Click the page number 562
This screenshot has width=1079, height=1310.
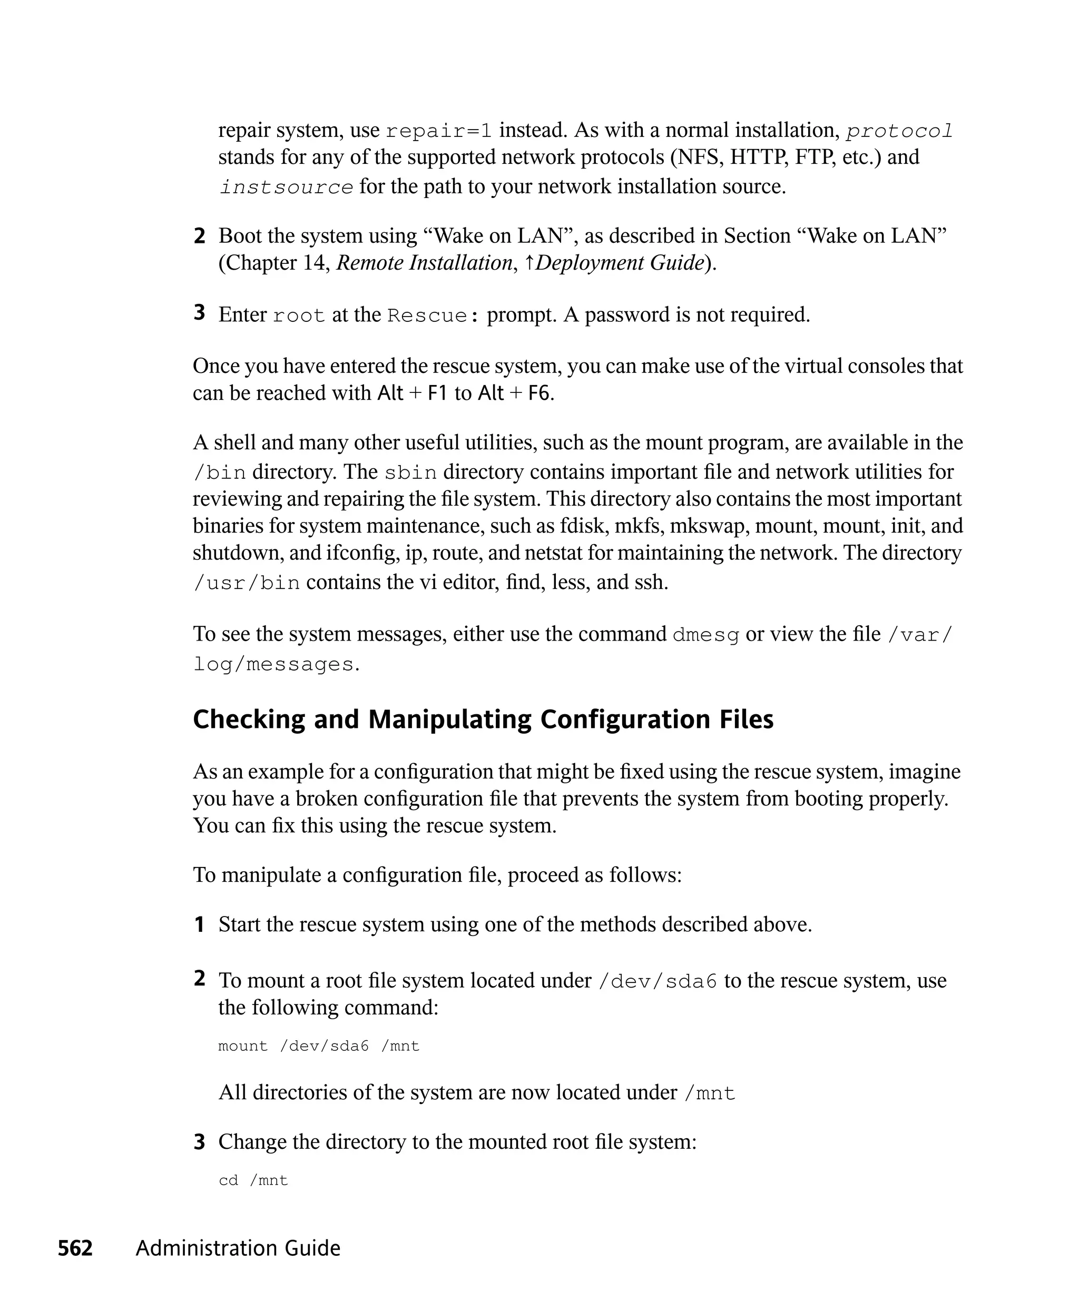(75, 1248)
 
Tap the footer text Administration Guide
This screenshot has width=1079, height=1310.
(238, 1248)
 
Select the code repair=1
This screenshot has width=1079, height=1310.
(439, 131)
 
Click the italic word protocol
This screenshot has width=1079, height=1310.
(899, 131)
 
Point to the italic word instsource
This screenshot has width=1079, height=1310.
(286, 187)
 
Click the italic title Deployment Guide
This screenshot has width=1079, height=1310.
(619, 263)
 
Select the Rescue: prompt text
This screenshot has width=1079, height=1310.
(433, 316)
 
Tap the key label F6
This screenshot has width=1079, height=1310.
(539, 393)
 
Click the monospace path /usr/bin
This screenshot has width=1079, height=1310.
(247, 583)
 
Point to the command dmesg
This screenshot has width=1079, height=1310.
(706, 635)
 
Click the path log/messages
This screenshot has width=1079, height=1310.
(273, 664)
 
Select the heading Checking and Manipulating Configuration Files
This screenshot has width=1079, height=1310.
(483, 719)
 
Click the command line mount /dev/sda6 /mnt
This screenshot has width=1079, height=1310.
(319, 1046)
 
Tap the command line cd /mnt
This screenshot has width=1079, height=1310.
(253, 1180)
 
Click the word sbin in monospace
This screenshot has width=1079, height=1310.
(411, 473)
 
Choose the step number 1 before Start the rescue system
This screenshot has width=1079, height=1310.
(200, 925)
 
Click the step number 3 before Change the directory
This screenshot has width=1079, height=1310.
(200, 1142)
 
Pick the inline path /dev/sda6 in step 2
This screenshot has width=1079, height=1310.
(658, 981)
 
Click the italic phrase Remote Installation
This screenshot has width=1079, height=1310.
(425, 263)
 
